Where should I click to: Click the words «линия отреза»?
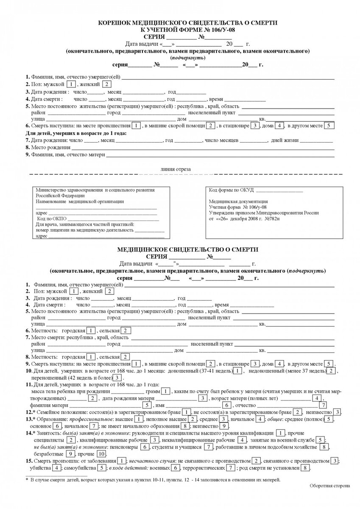[x=176, y=169]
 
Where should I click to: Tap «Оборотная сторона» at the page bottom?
[x=330, y=486]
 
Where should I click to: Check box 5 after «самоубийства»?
[x=102, y=468]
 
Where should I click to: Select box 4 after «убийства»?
[x=56, y=468]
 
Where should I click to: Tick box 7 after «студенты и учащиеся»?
[x=208, y=447]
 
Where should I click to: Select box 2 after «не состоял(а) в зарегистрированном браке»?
[x=298, y=412]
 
